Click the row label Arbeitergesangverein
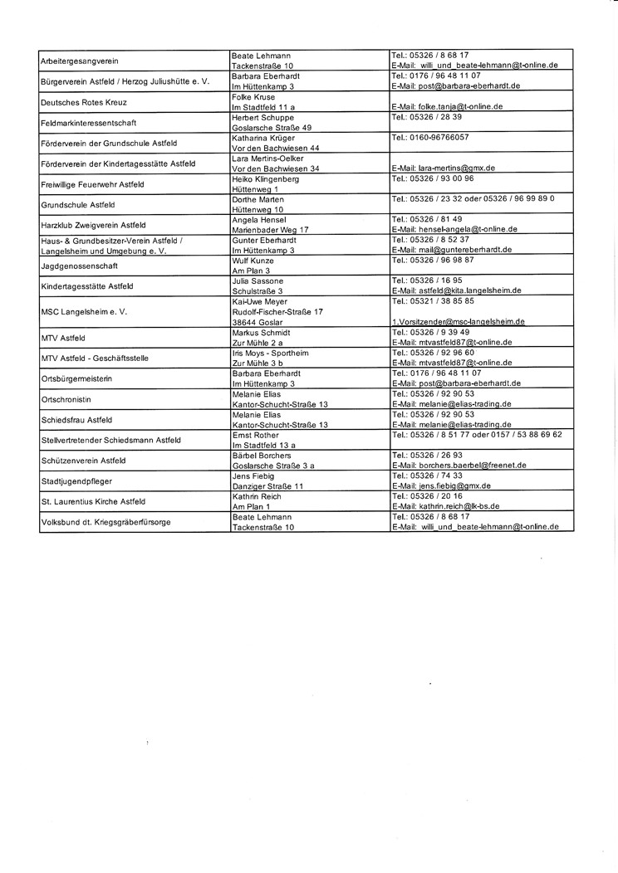(x=79, y=61)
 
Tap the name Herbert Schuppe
(x=262, y=118)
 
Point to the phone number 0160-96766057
(x=429, y=137)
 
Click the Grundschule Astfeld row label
(x=77, y=204)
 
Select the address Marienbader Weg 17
(x=271, y=229)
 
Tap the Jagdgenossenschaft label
(x=79, y=266)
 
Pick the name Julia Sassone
(x=257, y=281)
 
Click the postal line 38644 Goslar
(x=259, y=321)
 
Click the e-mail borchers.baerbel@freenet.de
(x=459, y=466)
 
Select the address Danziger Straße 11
(x=268, y=485)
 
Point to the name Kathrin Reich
(x=257, y=496)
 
